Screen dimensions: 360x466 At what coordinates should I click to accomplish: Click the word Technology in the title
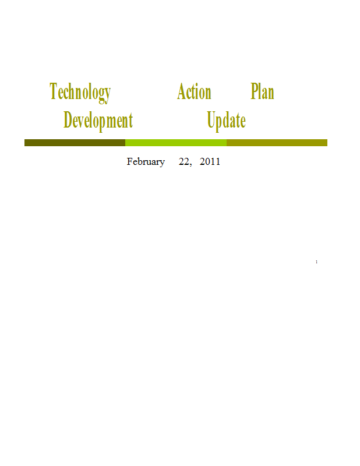[x=80, y=93]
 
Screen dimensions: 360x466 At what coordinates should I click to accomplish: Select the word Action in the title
[x=194, y=91]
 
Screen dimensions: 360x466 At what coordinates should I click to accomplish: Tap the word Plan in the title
[x=262, y=91]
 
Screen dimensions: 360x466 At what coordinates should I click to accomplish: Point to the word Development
[x=98, y=121]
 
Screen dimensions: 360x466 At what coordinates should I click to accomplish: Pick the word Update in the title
[x=226, y=121]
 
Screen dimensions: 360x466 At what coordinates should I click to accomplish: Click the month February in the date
[x=146, y=162]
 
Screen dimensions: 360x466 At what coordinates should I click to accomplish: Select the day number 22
[x=183, y=161]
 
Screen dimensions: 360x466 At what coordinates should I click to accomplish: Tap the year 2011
[x=210, y=161]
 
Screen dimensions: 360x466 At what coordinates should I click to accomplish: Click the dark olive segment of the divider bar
[x=75, y=143]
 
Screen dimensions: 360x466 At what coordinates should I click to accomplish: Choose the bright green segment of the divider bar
[x=176, y=143]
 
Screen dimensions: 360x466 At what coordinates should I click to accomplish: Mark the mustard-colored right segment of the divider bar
[x=277, y=143]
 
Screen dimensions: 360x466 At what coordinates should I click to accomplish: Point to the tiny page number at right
[x=316, y=262]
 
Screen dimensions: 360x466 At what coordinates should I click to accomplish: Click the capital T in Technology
[x=53, y=91]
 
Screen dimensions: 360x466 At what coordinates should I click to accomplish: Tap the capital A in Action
[x=182, y=91]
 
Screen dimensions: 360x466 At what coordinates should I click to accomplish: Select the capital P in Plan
[x=254, y=91]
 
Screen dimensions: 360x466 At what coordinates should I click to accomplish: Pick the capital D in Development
[x=68, y=119]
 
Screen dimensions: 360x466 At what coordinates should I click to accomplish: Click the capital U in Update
[x=211, y=119]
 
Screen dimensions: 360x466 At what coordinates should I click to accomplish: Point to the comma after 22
[x=190, y=165]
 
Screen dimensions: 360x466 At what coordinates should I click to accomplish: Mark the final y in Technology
[x=107, y=96]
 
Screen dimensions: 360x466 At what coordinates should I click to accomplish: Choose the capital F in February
[x=130, y=161]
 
